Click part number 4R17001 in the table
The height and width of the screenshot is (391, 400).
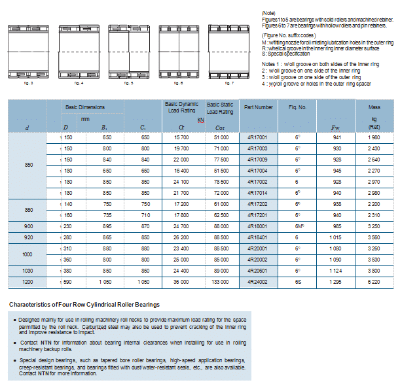pos(258,137)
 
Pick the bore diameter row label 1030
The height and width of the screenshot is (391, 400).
pos(28,270)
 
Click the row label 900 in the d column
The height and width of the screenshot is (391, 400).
pos(28,225)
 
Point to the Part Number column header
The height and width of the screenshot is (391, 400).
pos(258,107)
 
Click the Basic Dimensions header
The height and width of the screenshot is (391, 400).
pos(85,107)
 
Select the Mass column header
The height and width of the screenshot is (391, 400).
pos(374,107)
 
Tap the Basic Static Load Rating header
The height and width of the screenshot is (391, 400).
pos(220,107)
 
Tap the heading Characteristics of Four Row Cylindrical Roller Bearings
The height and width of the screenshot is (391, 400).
pos(84,305)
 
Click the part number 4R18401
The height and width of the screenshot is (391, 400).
pos(258,236)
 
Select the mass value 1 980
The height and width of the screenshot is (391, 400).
pos(374,137)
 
